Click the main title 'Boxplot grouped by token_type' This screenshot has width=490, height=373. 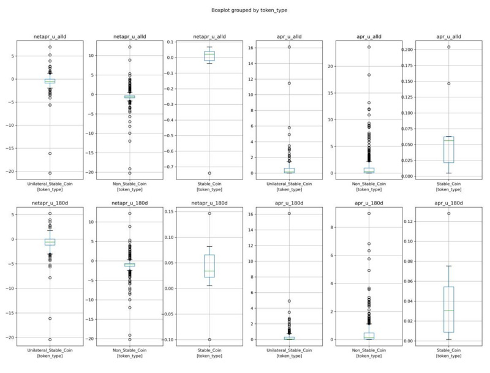click(x=245, y=10)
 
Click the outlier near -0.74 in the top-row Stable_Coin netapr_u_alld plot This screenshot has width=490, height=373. click(x=209, y=173)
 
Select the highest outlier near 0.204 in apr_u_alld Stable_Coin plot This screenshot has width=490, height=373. click(x=448, y=47)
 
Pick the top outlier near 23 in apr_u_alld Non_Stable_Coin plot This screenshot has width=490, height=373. click(x=369, y=47)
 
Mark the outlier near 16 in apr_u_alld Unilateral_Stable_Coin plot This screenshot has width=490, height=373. click(x=289, y=47)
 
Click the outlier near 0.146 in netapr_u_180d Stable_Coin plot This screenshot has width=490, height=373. click(x=209, y=213)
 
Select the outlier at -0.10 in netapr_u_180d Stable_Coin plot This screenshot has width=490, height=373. click(x=209, y=339)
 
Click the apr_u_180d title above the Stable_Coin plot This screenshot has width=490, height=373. click(x=448, y=203)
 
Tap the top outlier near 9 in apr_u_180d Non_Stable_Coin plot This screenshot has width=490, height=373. click(x=369, y=213)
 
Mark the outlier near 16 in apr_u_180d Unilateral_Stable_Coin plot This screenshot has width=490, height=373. click(x=289, y=213)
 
